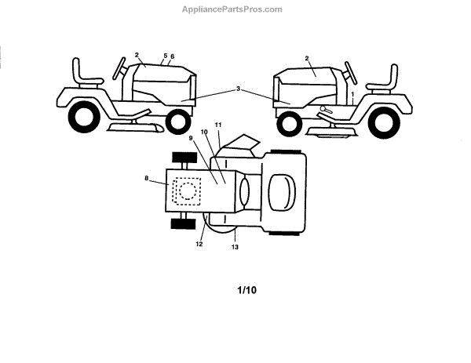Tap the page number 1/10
coord(246,290)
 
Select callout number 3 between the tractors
coord(238,89)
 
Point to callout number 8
coord(147,180)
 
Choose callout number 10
coord(204,132)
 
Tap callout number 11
coord(218,125)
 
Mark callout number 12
coord(199,245)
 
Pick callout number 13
coord(235,247)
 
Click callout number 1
coord(353,93)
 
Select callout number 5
coord(165,56)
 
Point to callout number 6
coord(172,56)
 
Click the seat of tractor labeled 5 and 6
coord(85,73)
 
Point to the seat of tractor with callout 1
coord(383,76)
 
